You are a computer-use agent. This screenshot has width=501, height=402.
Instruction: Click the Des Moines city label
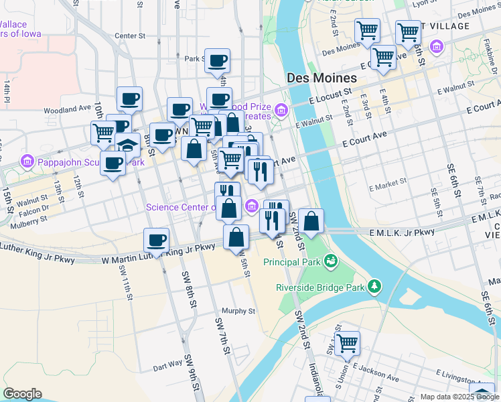click(321, 78)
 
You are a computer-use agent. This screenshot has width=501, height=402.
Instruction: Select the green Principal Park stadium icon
click(330, 261)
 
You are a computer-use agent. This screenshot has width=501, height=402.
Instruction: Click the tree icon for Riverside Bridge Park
click(375, 287)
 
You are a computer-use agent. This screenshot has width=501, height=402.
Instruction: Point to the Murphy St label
click(238, 311)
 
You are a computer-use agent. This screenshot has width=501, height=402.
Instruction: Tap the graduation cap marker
click(127, 145)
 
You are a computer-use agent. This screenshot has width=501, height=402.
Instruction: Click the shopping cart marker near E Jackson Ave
click(347, 344)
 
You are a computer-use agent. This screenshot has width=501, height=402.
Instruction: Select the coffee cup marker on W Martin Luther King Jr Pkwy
click(156, 241)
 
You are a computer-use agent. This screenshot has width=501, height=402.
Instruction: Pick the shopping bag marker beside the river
click(311, 220)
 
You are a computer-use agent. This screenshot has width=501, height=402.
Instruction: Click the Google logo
click(22, 394)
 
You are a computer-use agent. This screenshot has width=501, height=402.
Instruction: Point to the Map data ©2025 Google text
click(459, 397)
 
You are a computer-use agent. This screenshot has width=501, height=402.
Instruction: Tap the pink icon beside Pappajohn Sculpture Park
click(27, 161)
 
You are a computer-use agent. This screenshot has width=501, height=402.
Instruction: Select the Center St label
click(130, 36)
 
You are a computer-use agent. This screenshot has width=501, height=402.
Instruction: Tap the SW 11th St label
click(124, 281)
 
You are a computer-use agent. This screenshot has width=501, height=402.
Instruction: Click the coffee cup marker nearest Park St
click(217, 61)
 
